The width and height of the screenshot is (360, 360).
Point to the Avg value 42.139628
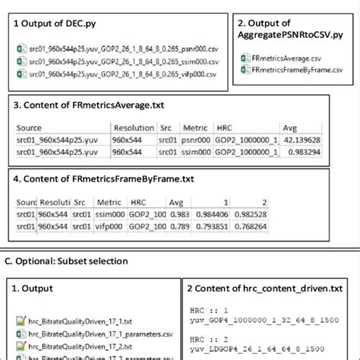click(x=302, y=141)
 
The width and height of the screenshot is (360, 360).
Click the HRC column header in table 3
click(x=226, y=128)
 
